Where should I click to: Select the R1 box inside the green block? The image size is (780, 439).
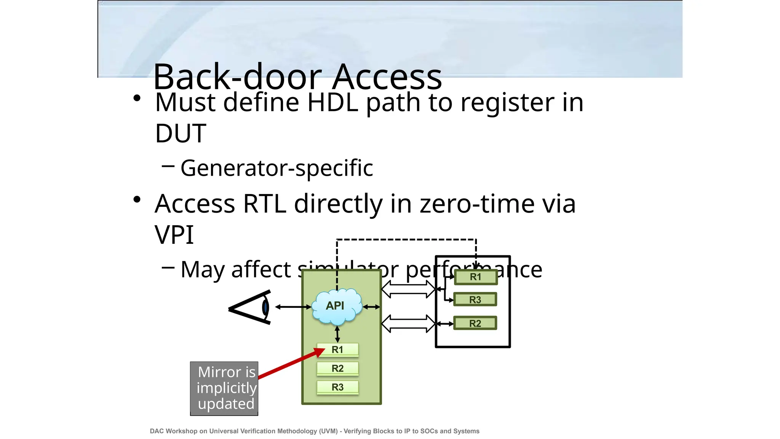tap(337, 350)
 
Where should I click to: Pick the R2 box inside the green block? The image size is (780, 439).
tap(337, 369)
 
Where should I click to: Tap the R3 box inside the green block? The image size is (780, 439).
tap(337, 387)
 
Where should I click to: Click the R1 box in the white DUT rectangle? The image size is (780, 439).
tap(476, 277)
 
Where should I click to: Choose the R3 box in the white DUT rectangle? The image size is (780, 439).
tap(475, 300)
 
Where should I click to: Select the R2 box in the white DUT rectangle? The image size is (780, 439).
tap(475, 323)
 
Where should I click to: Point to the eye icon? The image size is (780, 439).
tap(251, 307)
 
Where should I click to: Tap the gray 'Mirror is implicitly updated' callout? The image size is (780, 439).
tap(224, 388)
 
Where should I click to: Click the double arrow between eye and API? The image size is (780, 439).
tap(293, 307)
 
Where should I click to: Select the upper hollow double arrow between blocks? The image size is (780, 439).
tap(408, 289)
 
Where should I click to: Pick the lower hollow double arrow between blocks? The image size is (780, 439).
tap(408, 324)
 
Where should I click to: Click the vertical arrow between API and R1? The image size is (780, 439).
tap(337, 334)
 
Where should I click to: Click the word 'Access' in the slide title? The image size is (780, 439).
tap(387, 77)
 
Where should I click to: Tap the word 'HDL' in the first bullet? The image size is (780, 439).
tap(332, 103)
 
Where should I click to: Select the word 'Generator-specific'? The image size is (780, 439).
tap(277, 168)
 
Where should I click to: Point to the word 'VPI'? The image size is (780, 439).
tap(174, 235)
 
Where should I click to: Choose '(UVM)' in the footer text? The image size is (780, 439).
tap(328, 431)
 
